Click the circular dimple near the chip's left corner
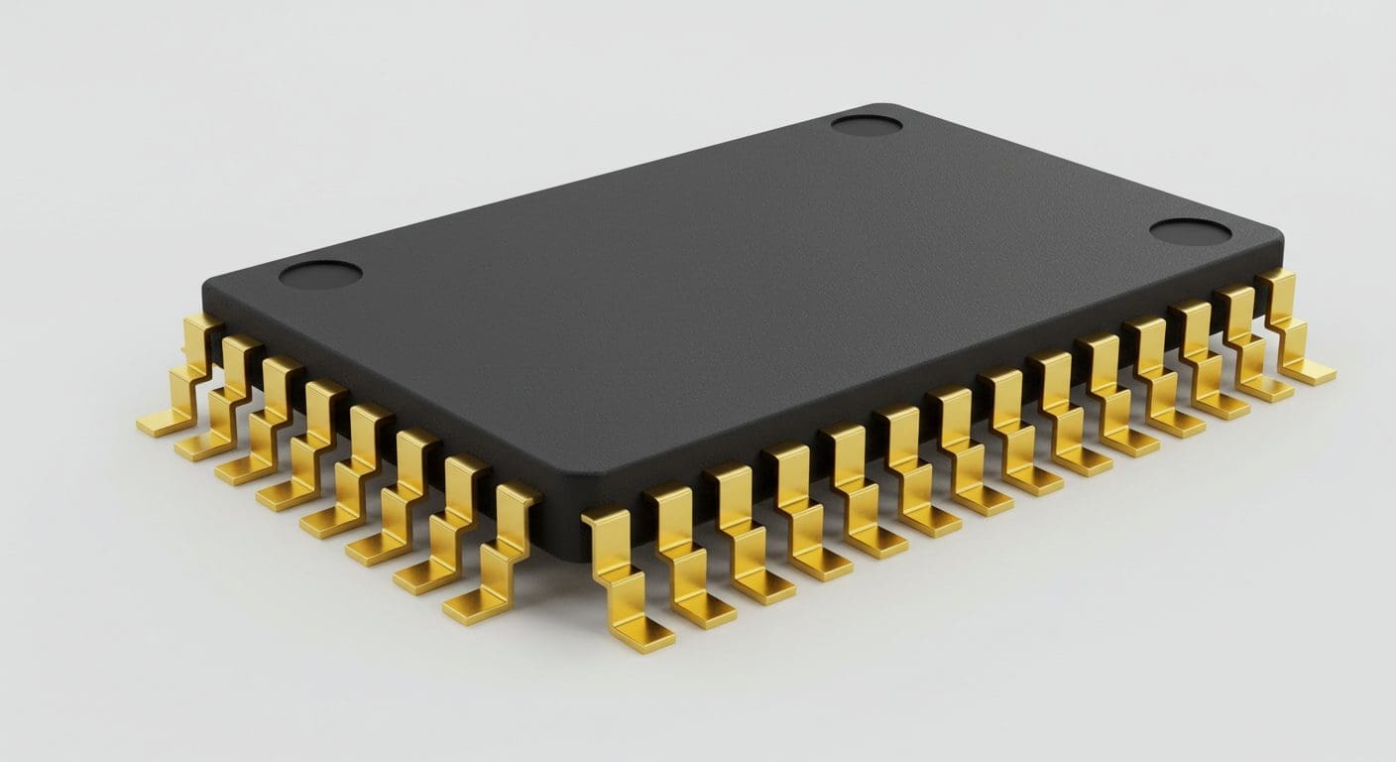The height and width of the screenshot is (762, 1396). point(320,274)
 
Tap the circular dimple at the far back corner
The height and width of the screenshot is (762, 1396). point(866,125)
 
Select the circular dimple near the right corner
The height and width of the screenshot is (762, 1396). point(1190,232)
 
